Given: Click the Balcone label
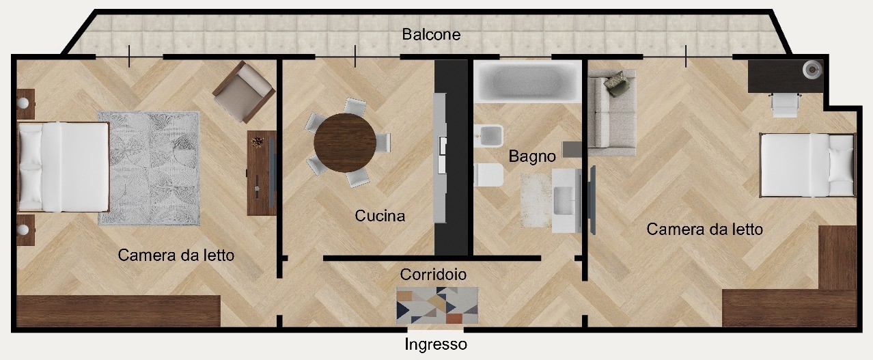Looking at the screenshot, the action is pos(431,34).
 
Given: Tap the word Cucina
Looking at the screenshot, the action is pos(380,215).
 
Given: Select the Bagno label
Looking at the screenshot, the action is pos(532,156).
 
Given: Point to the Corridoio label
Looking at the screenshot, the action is pos(433,275).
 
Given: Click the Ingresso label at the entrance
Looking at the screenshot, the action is pos(435,344).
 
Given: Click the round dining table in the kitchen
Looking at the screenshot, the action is pos(345,143).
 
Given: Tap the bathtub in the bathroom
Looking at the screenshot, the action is pos(528,82).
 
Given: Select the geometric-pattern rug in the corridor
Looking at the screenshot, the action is pos(437,305).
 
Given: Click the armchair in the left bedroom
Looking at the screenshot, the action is pos(244,92).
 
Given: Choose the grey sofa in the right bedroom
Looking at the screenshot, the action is pos(611,113).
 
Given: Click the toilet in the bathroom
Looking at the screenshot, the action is pos(488,175).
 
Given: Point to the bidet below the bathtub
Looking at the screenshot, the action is pos(488,135).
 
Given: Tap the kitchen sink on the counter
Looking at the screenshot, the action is pos(443,154).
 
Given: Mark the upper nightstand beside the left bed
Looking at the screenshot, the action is pos(26,104).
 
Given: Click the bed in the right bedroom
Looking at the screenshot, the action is pos(807,165).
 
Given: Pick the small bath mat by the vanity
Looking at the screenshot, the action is pos(537,200).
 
